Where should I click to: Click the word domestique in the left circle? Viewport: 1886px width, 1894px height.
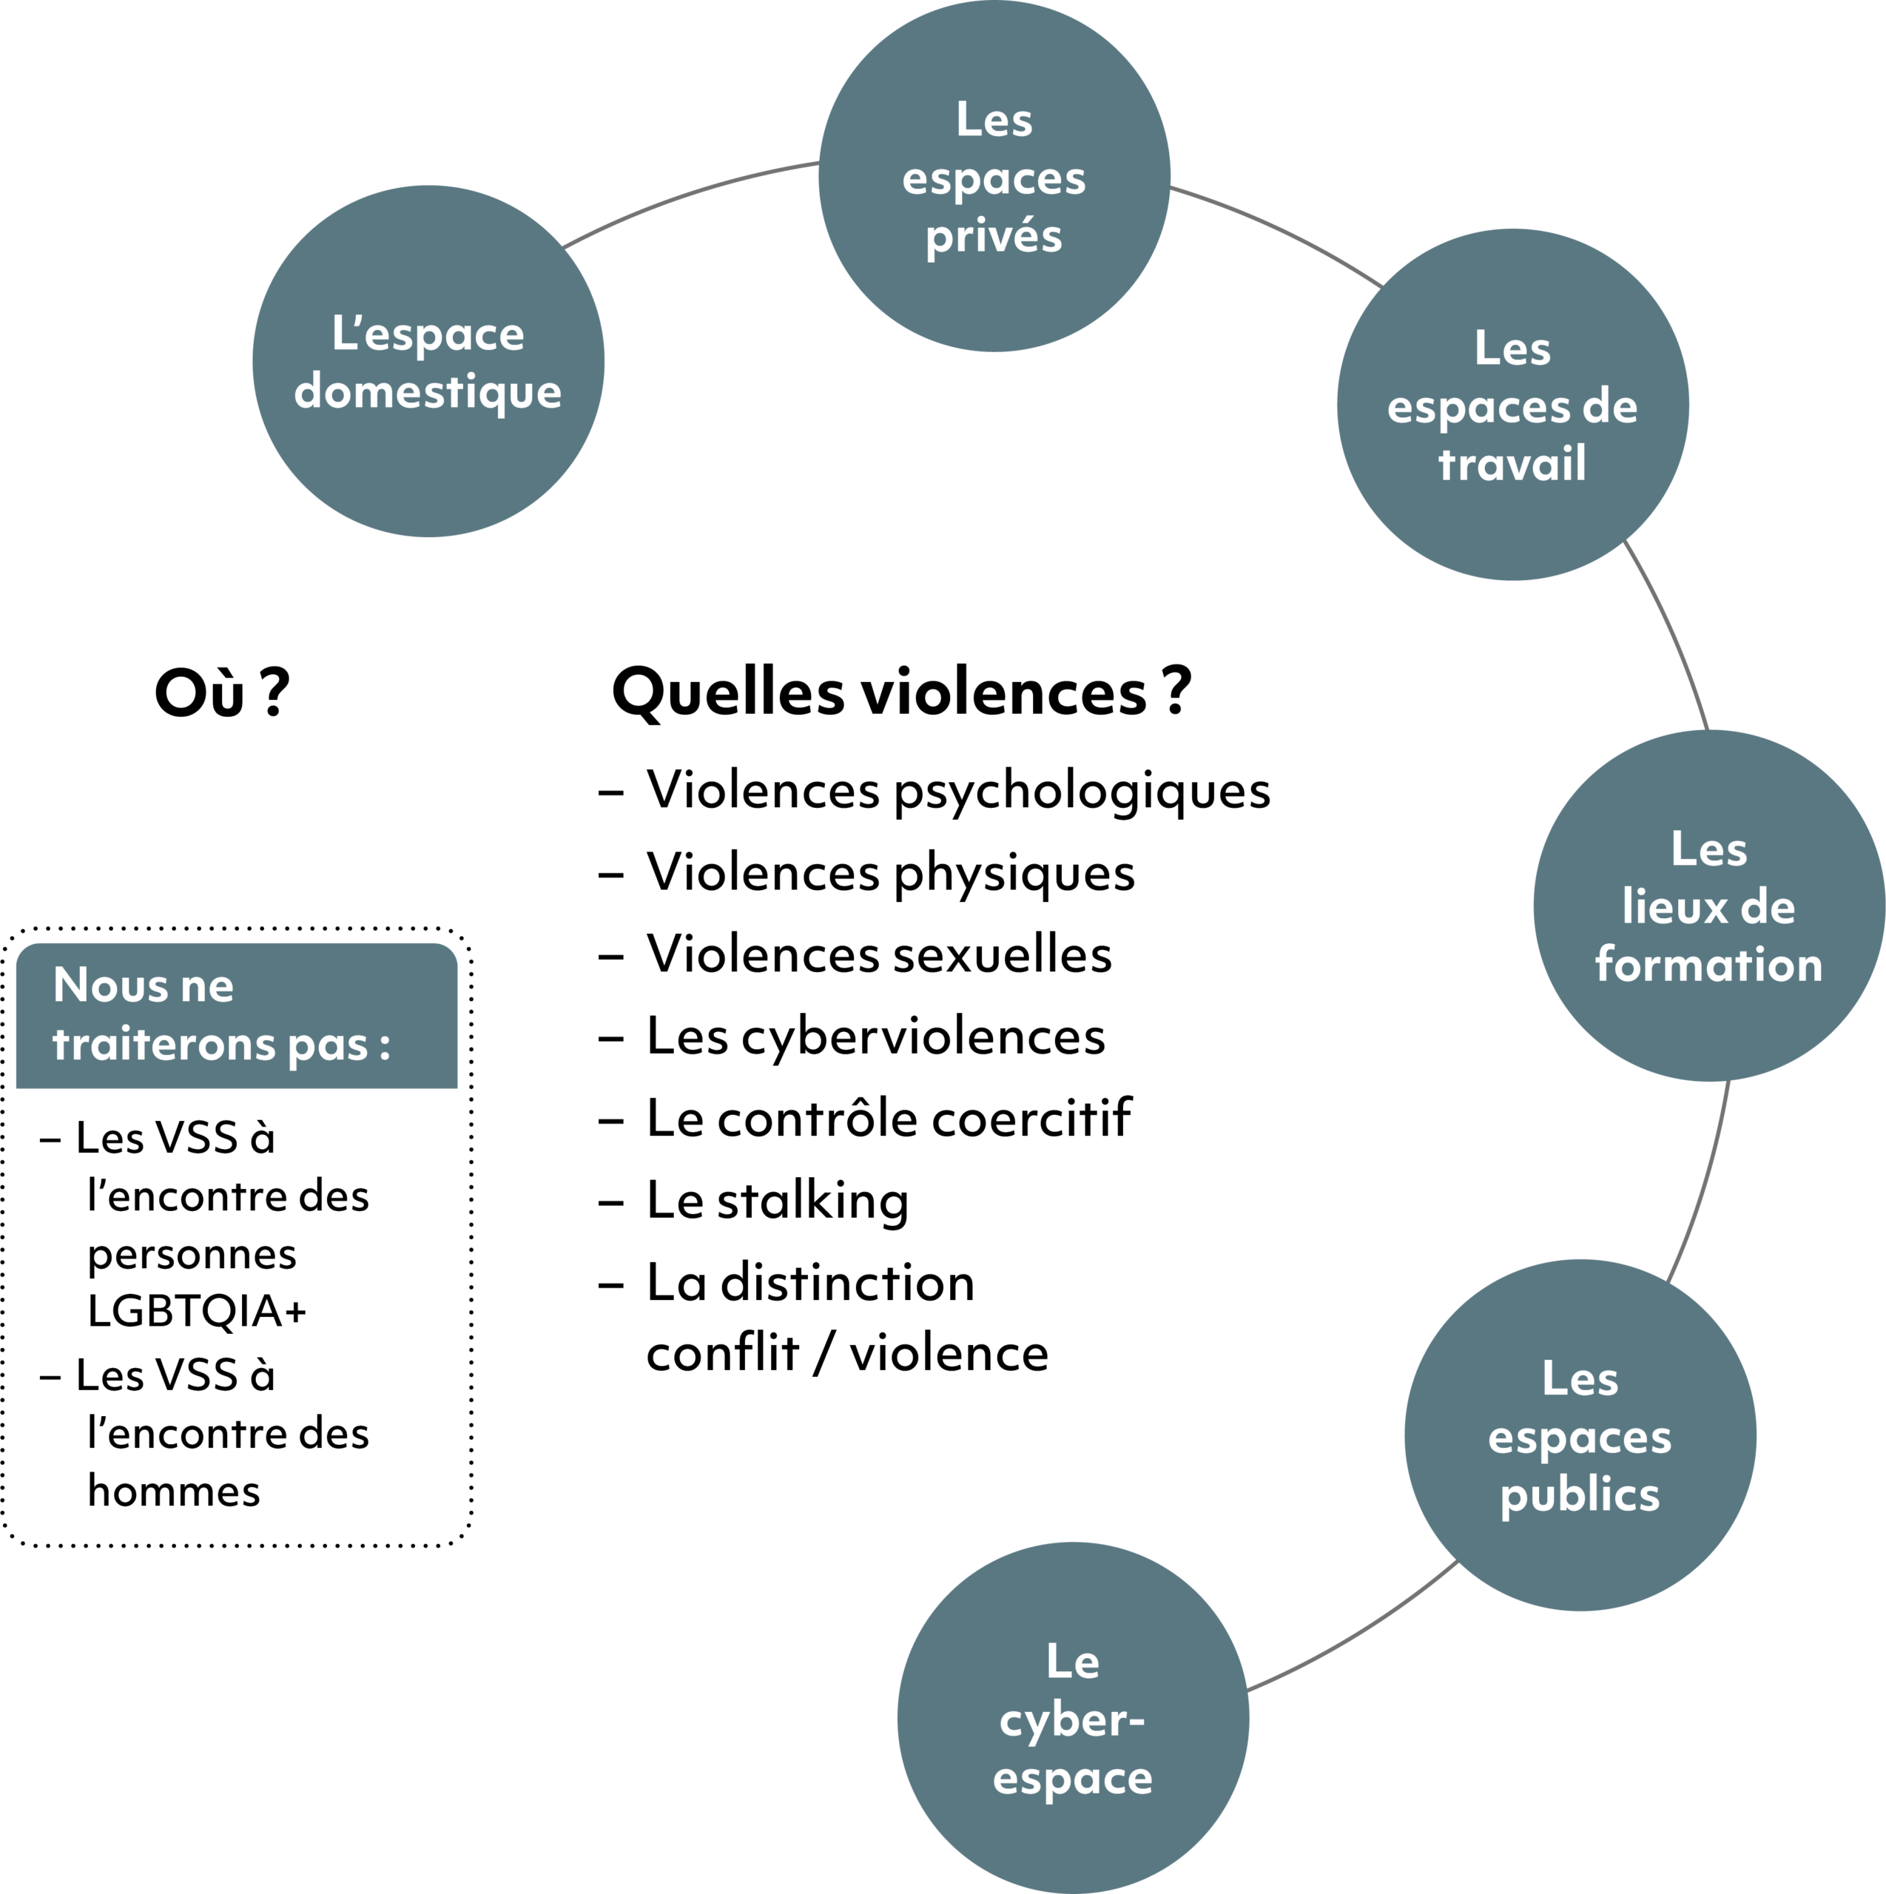tap(428, 392)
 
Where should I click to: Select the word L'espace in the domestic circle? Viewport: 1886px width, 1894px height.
tap(428, 334)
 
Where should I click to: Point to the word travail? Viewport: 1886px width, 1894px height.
tap(1512, 464)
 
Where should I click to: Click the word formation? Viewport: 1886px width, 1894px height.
tap(1708, 965)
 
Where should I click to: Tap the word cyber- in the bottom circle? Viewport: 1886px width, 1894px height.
tap(1071, 1720)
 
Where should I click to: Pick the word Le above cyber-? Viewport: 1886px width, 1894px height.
tap(1072, 1662)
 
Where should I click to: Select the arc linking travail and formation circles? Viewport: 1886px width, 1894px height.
tap(1672, 633)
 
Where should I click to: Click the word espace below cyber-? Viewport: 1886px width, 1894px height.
tap(1072, 1779)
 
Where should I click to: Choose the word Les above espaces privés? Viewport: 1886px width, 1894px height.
tap(994, 121)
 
